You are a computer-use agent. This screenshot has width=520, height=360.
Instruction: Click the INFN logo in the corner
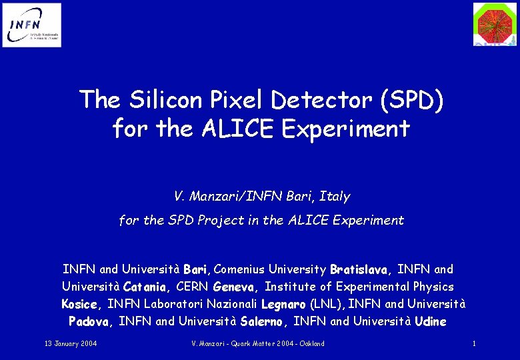pyautogui.click(x=31, y=25)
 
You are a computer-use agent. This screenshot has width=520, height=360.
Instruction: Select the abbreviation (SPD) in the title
pyautogui.click(x=406, y=100)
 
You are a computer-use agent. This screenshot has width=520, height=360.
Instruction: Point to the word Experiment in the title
pyautogui.click(x=346, y=128)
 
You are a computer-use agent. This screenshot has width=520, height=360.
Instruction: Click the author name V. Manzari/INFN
pyautogui.click(x=224, y=197)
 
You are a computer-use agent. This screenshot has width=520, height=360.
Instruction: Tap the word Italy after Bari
pyautogui.click(x=334, y=197)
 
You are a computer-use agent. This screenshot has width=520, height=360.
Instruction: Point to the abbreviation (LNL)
pyautogui.click(x=327, y=305)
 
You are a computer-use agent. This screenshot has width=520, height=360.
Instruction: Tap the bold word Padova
pyautogui.click(x=92, y=322)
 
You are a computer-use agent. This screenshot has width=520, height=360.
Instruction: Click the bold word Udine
pyautogui.click(x=430, y=322)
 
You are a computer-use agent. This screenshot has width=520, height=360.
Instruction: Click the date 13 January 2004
pyautogui.click(x=71, y=343)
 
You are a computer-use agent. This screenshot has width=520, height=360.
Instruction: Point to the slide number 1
pyautogui.click(x=473, y=343)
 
